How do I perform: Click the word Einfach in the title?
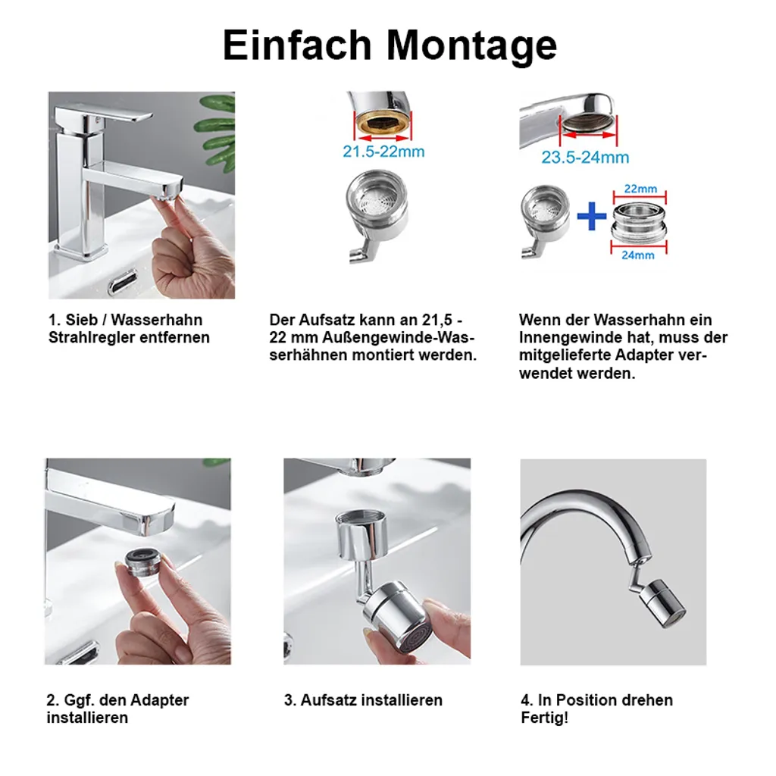297,45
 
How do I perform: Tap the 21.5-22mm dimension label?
383,152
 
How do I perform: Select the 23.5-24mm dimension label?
585,158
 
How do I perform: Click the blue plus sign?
592,216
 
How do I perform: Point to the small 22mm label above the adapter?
640,189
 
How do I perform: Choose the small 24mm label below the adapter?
638,255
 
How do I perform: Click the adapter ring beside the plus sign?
639,222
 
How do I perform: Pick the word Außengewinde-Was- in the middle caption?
399,337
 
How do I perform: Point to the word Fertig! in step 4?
544,718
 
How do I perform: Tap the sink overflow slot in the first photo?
123,283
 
